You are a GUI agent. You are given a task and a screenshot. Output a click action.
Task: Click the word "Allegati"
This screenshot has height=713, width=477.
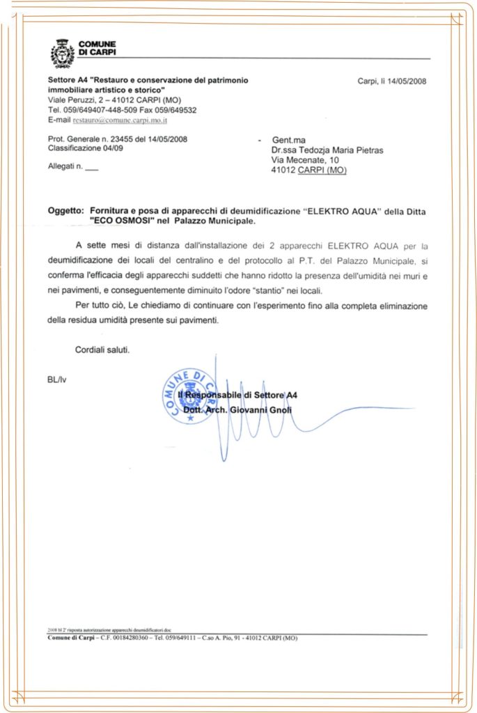coord(61,166)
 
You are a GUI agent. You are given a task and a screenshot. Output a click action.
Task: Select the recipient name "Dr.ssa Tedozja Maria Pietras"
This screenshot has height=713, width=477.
coord(327,150)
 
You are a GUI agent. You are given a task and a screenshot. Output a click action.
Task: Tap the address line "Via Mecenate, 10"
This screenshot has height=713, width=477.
coord(305,160)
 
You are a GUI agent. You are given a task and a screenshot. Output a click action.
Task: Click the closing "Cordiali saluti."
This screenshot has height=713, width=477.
coord(102,350)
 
